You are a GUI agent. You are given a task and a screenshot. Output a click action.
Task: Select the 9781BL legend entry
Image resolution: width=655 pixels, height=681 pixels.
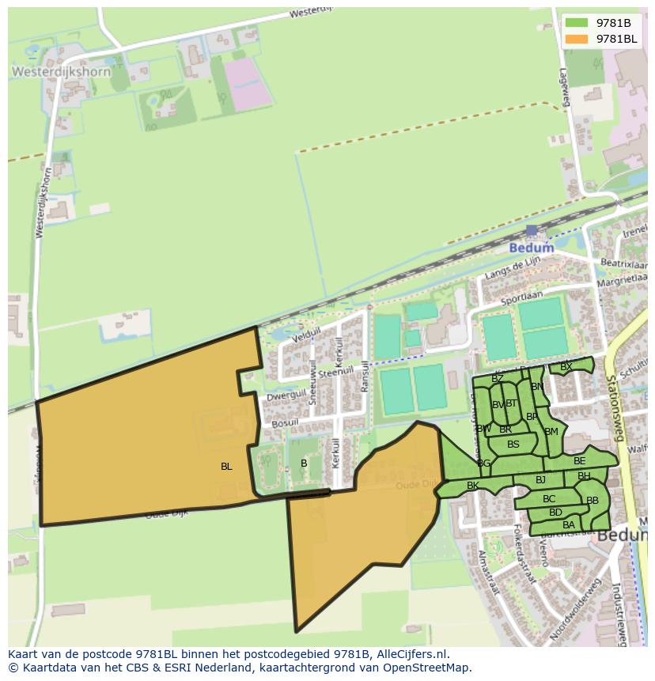click(606, 39)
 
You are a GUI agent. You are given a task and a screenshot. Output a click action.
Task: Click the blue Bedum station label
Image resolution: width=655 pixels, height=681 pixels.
click(531, 248)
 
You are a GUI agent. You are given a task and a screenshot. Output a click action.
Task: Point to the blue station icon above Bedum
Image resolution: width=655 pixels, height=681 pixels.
click(532, 231)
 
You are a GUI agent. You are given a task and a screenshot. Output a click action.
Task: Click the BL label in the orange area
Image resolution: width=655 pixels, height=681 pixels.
click(226, 467)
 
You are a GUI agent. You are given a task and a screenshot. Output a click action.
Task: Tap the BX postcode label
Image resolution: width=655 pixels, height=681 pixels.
click(566, 367)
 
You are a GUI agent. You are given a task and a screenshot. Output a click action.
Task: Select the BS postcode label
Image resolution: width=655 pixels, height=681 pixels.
click(513, 445)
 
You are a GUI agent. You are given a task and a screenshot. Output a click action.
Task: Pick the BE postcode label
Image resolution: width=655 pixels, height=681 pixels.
click(580, 461)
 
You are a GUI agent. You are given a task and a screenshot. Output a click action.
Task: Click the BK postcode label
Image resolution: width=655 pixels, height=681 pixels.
click(473, 486)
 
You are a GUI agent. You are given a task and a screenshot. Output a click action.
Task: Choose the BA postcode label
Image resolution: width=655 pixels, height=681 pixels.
click(569, 525)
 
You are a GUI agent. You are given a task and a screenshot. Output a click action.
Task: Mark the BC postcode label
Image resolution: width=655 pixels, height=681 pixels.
click(549, 499)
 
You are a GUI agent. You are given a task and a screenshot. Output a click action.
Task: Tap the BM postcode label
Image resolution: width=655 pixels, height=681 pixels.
click(551, 432)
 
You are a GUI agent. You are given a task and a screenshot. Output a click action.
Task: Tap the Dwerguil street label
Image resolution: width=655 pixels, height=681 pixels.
click(286, 393)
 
